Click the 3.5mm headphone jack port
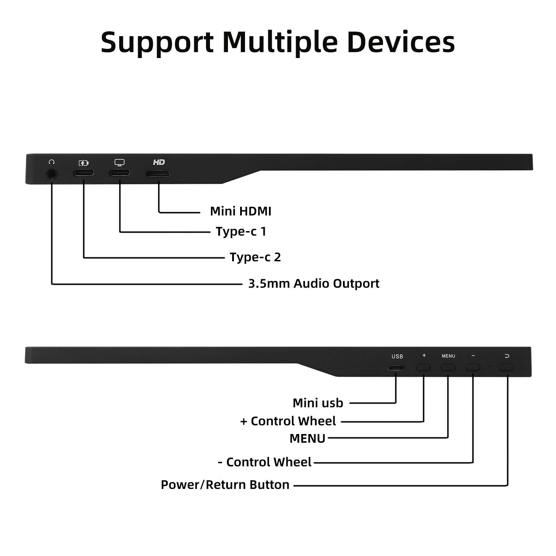[52, 173]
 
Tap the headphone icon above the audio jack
[52, 162]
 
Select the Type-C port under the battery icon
[83, 173]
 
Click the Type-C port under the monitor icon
[120, 172]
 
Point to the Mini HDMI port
[158, 174]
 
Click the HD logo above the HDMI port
[159, 162]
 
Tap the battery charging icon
[83, 163]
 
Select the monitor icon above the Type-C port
[120, 163]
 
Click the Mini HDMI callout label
[240, 211]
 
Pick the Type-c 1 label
[241, 231]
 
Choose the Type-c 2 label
[255, 257]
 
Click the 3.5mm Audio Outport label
[313, 284]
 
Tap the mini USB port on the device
[396, 368]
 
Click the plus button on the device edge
[423, 367]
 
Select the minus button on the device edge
[473, 367]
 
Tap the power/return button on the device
[507, 367]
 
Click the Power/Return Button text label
[225, 485]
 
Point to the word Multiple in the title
[280, 42]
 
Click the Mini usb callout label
[318, 403]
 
